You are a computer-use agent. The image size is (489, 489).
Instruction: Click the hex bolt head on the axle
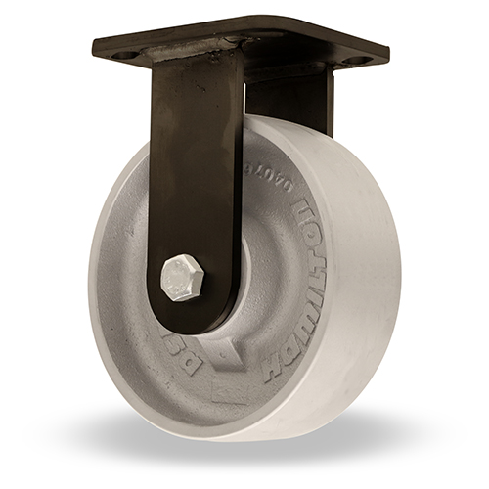click(183, 277)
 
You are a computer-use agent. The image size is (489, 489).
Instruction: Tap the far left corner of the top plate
click(94, 44)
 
